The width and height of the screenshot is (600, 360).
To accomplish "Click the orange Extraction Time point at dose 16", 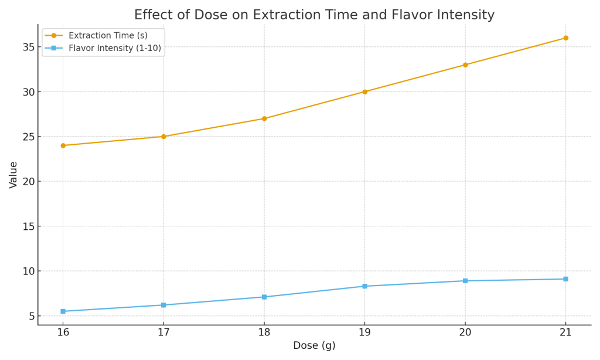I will (x=63, y=145).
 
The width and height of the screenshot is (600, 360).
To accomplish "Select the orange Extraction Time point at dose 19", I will (x=364, y=91).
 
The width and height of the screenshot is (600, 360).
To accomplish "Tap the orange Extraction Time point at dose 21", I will (x=565, y=38).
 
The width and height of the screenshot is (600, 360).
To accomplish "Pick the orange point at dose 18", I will (x=264, y=118).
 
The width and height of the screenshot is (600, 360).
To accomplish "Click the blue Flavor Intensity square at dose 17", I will (x=163, y=305).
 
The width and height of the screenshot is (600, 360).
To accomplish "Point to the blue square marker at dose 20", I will (x=465, y=281).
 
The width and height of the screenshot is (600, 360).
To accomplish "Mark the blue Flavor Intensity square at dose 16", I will (x=63, y=311).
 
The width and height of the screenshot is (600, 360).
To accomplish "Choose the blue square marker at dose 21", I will (x=565, y=279).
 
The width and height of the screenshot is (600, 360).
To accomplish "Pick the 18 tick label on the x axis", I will (x=264, y=332).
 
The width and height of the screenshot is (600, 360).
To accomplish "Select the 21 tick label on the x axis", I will (x=565, y=332).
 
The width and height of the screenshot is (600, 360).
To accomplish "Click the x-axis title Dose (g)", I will (x=314, y=346).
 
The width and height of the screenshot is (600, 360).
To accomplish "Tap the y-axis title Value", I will (x=13, y=175).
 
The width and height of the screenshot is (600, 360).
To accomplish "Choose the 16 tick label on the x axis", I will (x=63, y=332).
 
